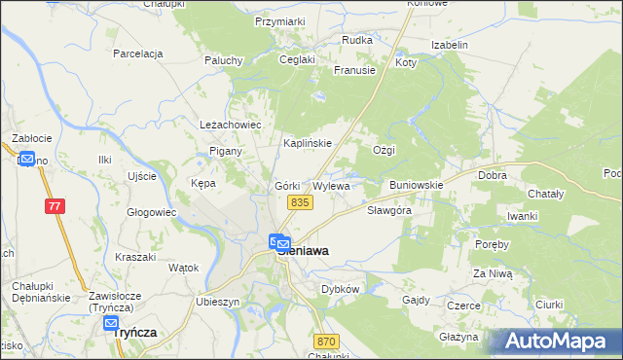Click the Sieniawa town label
pos(304,250)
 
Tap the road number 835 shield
pos(300,201)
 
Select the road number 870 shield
pos(326,341)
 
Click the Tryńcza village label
pos(135,332)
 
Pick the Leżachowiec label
pos(232,126)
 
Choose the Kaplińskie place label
pos(308,143)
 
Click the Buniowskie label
pos(417,184)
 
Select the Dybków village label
pos(341,289)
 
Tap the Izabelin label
pos(451,45)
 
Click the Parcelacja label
pos(137,54)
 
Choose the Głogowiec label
pos(152,211)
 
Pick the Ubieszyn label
pos(217,302)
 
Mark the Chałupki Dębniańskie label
pos(36,290)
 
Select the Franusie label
pos(354,70)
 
